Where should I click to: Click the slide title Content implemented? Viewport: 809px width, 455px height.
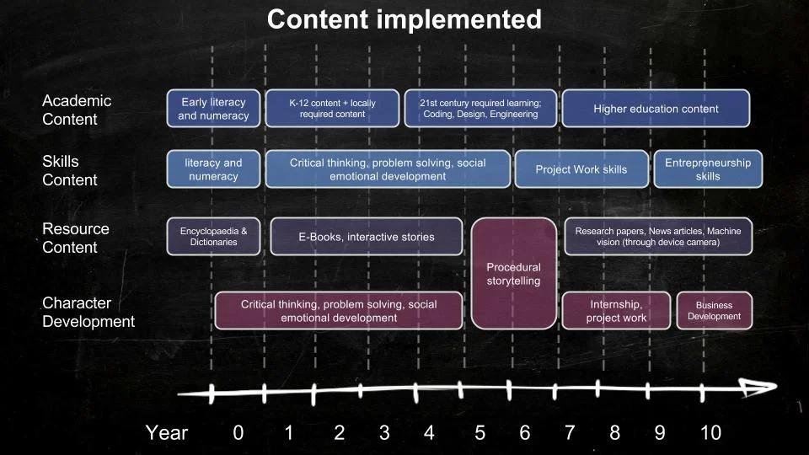(404, 19)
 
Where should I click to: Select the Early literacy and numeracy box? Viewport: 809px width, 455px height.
(213, 109)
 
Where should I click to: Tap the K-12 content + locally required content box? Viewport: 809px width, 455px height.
(333, 109)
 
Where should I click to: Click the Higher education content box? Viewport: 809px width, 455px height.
(656, 109)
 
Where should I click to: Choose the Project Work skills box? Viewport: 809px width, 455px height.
(581, 169)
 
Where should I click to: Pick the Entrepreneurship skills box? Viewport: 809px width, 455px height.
(708, 169)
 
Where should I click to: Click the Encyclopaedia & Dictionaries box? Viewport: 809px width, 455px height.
(213, 237)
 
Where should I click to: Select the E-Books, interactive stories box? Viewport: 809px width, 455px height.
(367, 237)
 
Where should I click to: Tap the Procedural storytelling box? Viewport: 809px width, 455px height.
(514, 274)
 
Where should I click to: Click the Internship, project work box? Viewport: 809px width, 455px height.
(617, 311)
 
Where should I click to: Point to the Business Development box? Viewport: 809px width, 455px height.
(714, 311)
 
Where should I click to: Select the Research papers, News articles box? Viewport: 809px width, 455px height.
(658, 237)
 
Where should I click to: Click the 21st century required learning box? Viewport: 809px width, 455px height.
(480, 109)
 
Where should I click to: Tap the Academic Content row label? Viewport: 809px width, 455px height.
(77, 110)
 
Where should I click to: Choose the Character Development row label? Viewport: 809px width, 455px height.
(88, 312)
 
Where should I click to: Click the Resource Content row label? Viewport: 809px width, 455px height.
(76, 238)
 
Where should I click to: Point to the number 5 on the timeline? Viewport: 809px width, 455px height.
(480, 433)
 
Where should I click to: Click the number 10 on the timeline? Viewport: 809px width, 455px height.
(710, 433)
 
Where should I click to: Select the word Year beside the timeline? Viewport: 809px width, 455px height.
(166, 433)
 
